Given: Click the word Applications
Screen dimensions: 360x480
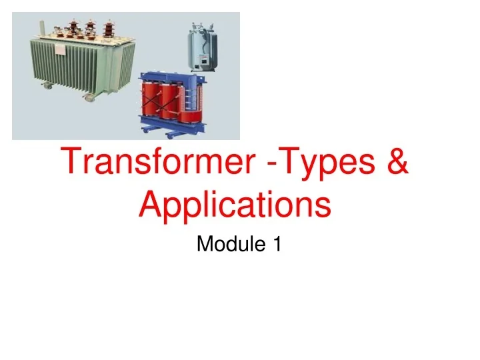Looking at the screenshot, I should (235, 206).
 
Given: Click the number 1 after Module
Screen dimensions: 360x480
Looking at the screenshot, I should (277, 245).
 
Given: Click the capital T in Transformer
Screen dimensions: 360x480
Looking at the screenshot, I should (71, 164).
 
